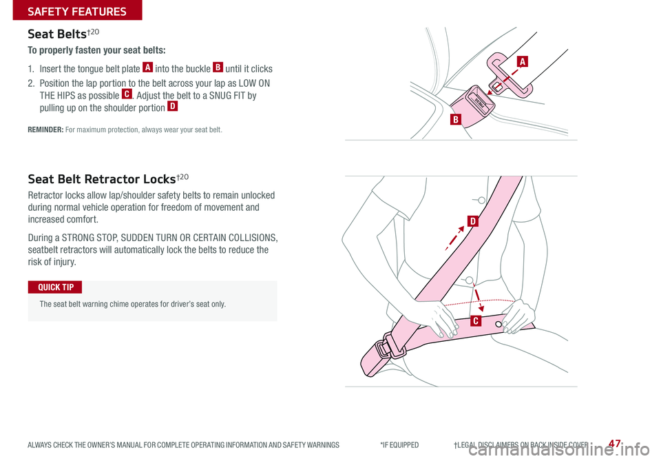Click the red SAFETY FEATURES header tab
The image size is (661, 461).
point(77,10)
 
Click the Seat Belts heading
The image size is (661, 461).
point(63,34)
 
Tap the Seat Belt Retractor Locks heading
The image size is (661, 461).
point(108,179)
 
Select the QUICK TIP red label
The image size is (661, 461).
point(55,287)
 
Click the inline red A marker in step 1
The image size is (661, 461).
point(147,67)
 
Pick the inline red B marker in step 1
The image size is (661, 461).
point(218,67)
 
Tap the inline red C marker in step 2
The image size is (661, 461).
point(127,94)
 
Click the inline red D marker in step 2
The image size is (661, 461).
point(172,106)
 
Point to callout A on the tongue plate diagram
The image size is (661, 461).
point(523,61)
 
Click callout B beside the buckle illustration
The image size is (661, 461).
point(456,119)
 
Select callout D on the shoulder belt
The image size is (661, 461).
point(473,221)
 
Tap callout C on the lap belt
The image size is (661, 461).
point(476,321)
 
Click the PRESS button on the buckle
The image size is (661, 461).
point(480,103)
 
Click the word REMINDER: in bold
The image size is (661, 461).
point(45,130)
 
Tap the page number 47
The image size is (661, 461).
point(615,443)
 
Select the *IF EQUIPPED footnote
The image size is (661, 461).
point(399,445)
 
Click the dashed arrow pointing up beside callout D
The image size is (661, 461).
point(455,238)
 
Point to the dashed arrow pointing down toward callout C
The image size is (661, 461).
point(478,297)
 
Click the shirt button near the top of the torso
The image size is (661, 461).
point(481,201)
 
